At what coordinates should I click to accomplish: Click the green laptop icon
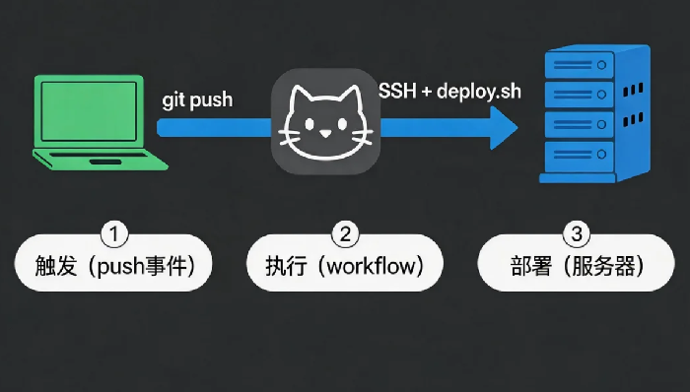pyautogui.click(x=100, y=122)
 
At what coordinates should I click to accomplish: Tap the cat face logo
pyautogui.click(x=325, y=122)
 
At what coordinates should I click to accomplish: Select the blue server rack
pyautogui.click(x=595, y=113)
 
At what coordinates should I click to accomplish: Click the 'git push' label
pyautogui.click(x=197, y=100)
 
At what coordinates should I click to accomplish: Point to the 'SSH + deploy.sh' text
pyautogui.click(x=449, y=92)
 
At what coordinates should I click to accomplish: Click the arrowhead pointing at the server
pyautogui.click(x=504, y=128)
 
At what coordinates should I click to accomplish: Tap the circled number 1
pyautogui.click(x=114, y=234)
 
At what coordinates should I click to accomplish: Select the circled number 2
pyautogui.click(x=345, y=234)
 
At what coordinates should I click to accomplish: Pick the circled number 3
pyautogui.click(x=577, y=234)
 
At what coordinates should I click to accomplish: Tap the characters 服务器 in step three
pyautogui.click(x=603, y=266)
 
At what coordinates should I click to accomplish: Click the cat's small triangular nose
pyautogui.click(x=325, y=133)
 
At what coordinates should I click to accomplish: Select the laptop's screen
pyautogui.click(x=89, y=111)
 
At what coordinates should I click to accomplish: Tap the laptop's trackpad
pyautogui.click(x=105, y=163)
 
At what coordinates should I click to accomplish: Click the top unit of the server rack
pyautogui.click(x=580, y=65)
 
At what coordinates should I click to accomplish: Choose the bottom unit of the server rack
pyautogui.click(x=580, y=156)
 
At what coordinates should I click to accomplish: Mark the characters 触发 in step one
pyautogui.click(x=56, y=266)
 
